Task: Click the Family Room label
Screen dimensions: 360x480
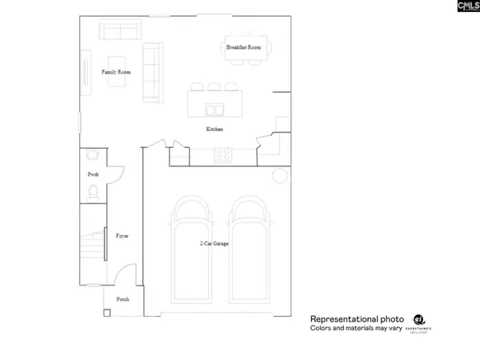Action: [x=116, y=72]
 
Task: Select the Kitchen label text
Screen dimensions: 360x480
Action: [x=214, y=129]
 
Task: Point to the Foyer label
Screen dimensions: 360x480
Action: [x=122, y=236]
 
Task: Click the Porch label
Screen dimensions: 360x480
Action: [x=123, y=298]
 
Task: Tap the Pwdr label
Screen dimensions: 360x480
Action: [x=93, y=174]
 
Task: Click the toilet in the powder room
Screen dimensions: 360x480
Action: [x=94, y=191]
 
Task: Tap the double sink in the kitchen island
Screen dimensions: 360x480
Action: [x=214, y=109]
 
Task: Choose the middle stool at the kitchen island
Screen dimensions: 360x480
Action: [x=214, y=87]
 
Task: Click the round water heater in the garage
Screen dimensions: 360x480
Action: [x=280, y=175]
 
